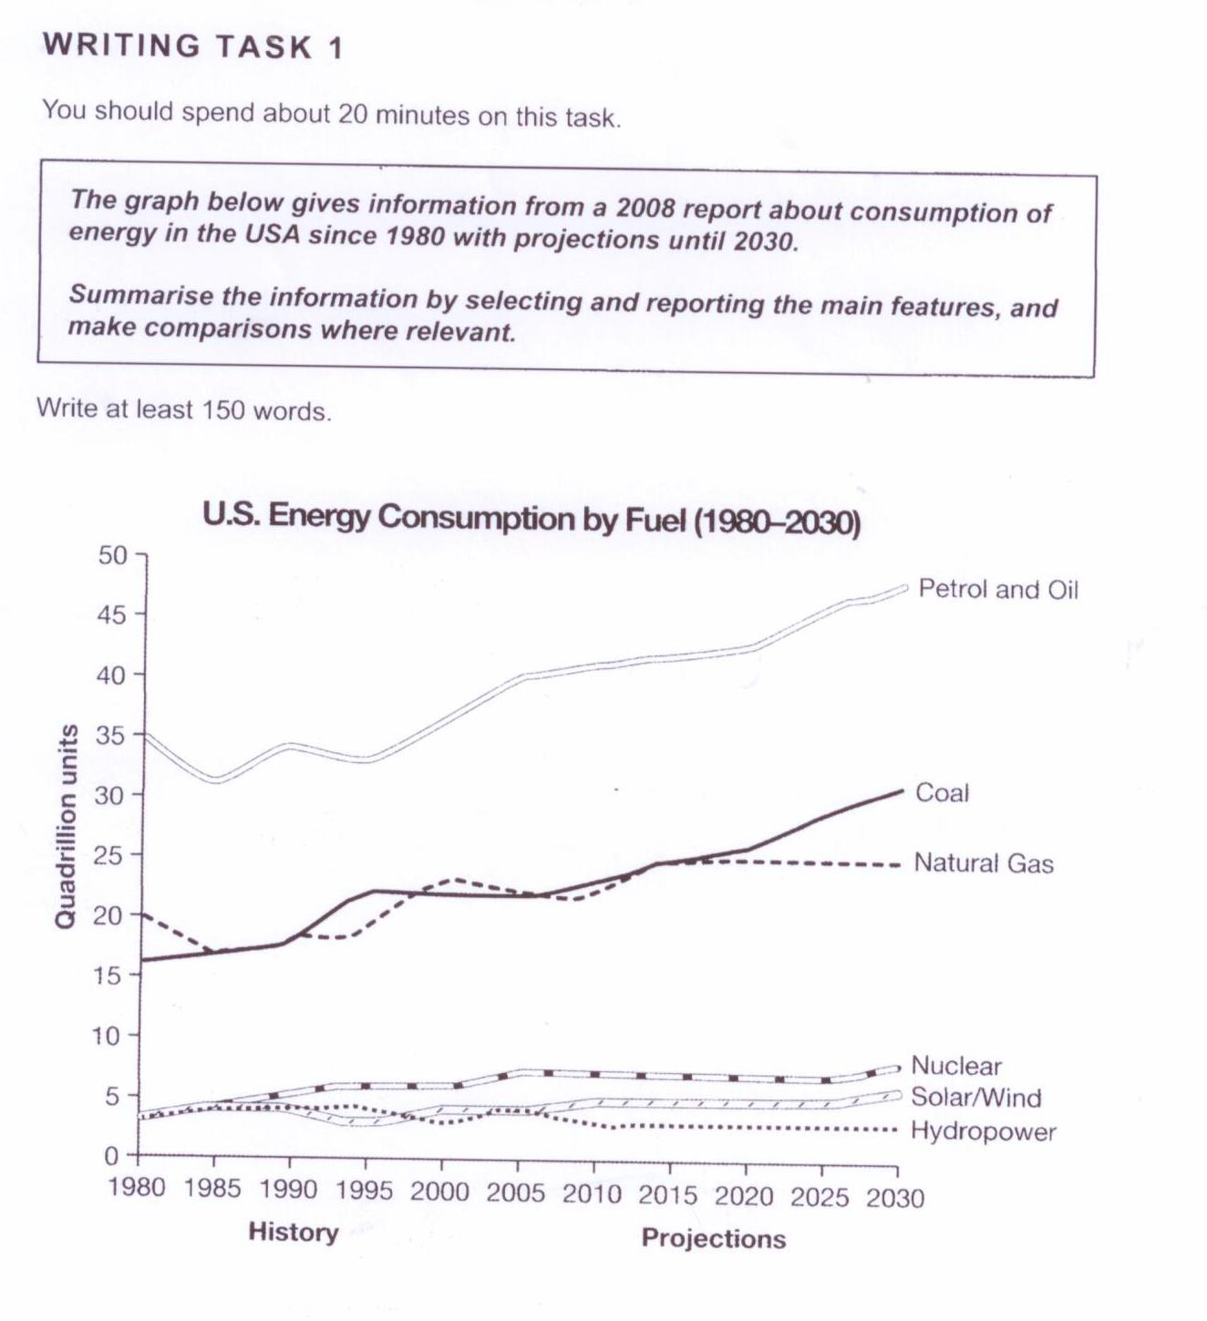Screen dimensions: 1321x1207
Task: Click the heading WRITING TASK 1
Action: click(x=192, y=46)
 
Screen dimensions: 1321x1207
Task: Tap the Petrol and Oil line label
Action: click(x=997, y=590)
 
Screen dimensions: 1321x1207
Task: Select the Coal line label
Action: click(x=942, y=793)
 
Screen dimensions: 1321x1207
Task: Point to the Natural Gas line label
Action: click(x=983, y=863)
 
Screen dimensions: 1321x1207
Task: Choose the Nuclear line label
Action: click(x=955, y=1066)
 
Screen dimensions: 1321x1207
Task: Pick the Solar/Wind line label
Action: click(x=975, y=1098)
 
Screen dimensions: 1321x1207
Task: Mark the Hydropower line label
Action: click(x=983, y=1132)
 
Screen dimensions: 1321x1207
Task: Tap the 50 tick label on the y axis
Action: click(x=115, y=554)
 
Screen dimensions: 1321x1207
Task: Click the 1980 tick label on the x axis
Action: click(x=137, y=1189)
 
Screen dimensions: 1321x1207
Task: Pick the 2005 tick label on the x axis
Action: click(x=517, y=1192)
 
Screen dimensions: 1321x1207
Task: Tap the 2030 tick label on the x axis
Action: click(x=895, y=1197)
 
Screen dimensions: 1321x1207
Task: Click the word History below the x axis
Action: click(x=293, y=1233)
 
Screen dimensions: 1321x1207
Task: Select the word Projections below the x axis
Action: click(x=713, y=1238)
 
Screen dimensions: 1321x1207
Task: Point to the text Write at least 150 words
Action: click(x=183, y=410)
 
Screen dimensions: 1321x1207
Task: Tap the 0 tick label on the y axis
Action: click(x=111, y=1156)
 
